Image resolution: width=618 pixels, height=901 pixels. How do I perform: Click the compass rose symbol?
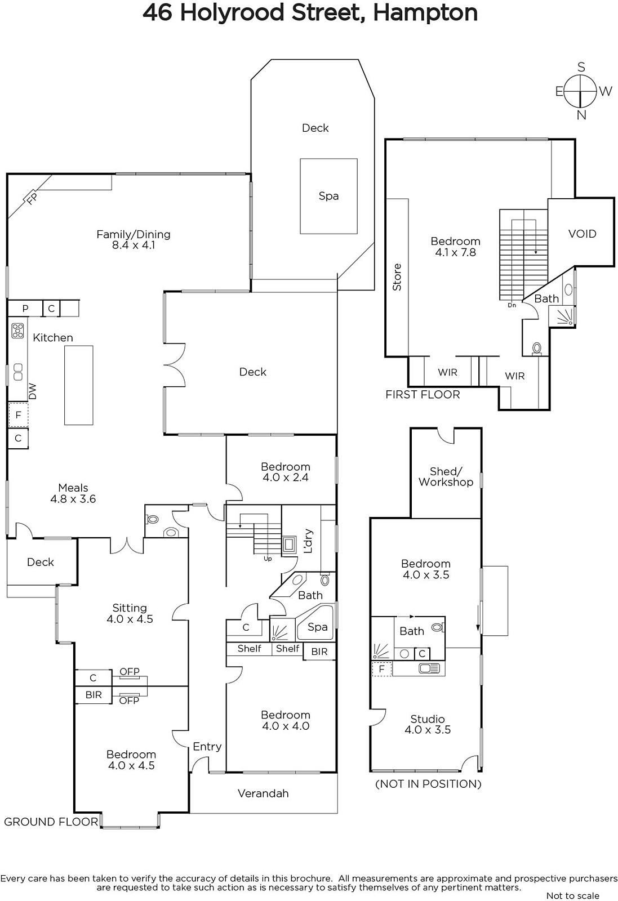point(580,91)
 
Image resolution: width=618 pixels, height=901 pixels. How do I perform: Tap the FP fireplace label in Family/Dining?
point(32,198)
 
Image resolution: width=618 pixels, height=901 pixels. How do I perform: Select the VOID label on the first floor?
point(582,234)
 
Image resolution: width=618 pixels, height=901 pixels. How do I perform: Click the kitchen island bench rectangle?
point(79,385)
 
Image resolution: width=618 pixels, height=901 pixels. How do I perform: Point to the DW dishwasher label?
point(33,391)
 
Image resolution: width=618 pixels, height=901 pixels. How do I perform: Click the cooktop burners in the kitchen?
point(17,331)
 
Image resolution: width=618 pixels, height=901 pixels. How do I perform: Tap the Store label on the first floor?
point(397,277)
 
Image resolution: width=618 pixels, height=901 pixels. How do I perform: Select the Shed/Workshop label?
point(446,476)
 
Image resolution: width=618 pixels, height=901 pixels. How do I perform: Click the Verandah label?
point(263,793)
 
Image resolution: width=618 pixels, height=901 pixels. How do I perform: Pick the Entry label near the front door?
point(207,747)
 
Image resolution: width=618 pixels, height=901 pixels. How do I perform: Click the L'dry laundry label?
point(308,541)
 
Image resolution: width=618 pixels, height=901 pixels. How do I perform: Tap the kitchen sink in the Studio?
point(429,668)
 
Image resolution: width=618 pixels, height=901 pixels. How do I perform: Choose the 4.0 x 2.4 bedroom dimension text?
point(286,478)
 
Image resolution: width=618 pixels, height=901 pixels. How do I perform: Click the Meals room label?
point(73,488)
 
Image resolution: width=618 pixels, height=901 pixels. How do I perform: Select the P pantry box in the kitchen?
point(25,309)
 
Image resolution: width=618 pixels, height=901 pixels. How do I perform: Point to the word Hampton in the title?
point(425,13)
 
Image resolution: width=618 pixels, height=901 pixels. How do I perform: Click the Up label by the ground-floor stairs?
point(268,559)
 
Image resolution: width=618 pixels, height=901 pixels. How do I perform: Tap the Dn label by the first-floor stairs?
point(512,305)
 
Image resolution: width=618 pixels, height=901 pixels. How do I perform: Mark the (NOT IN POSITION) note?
point(428,784)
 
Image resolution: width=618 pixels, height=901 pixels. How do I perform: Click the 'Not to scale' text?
point(573,895)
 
